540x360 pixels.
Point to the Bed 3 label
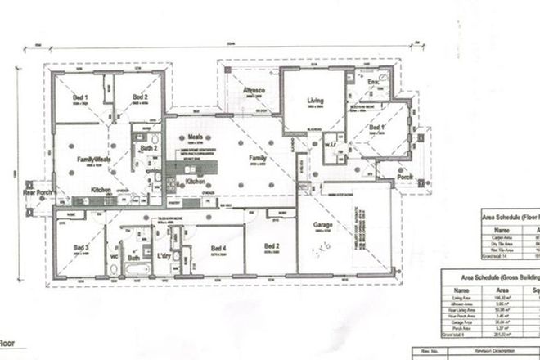(80, 247)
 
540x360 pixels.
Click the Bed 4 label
(218, 248)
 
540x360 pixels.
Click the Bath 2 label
(148, 148)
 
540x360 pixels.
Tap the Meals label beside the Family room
(195, 139)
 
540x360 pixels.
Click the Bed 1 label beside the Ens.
(376, 129)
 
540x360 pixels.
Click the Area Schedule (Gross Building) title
(491, 277)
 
